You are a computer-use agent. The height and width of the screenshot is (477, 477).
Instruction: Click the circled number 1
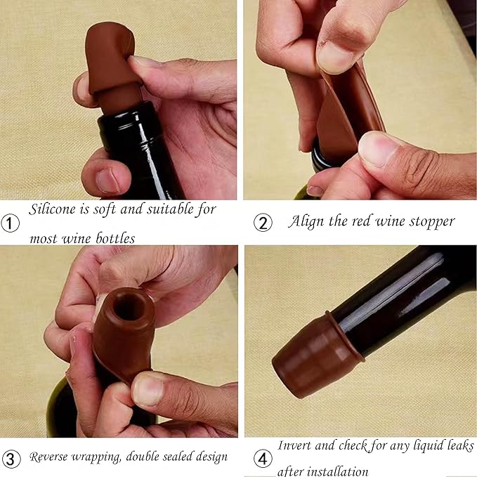pos(11,223)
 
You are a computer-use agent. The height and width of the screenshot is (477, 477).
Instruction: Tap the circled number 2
pos(263,223)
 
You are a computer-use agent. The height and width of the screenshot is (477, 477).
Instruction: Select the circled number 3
pos(11,457)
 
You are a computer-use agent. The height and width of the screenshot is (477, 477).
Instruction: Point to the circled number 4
pos(263,459)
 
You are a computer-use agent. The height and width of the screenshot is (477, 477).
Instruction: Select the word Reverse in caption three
pos(54,457)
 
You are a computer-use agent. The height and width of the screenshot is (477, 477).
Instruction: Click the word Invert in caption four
pos(296,445)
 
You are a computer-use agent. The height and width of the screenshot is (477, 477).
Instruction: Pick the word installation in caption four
pos(336,471)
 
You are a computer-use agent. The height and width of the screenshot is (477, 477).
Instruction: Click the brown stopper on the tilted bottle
pos(315,356)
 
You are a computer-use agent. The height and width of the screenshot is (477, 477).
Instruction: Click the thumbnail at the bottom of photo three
pos(148,390)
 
